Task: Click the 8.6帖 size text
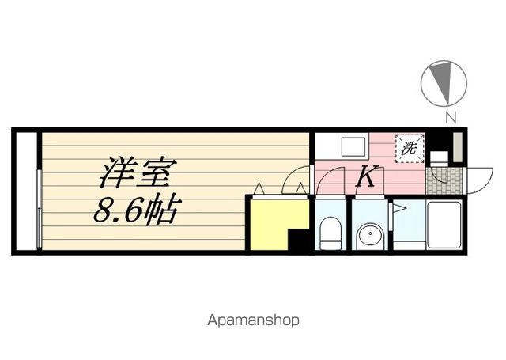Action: click(x=138, y=210)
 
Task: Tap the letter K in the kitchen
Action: click(x=365, y=176)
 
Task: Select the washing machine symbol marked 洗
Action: click(x=409, y=147)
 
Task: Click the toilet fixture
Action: click(x=330, y=233)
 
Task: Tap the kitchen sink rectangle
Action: click(x=353, y=147)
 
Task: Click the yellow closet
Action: click(x=273, y=222)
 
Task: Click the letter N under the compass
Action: click(x=450, y=119)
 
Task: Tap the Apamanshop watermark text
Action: click(x=253, y=321)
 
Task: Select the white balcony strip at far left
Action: click(x=26, y=191)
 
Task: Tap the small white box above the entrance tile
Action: click(x=438, y=157)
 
